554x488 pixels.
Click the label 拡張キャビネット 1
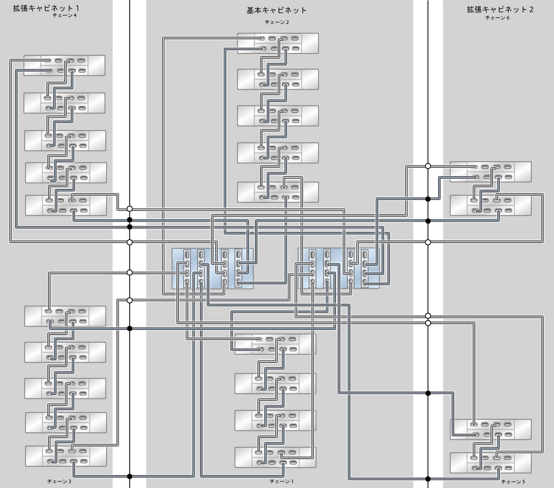[46, 8]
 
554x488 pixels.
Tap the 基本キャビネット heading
[276, 10]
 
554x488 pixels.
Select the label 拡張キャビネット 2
[500, 9]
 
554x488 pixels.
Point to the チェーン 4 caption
[64, 15]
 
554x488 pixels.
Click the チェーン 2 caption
[277, 22]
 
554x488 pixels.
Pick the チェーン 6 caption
[497, 18]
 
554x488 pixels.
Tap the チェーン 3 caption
[59, 481]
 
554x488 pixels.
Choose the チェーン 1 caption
[281, 481]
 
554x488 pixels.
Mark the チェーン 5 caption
[513, 482]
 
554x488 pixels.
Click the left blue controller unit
[212, 268]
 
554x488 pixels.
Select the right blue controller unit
[338, 268]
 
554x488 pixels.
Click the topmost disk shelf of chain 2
[278, 43]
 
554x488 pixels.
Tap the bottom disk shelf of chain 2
[278, 192]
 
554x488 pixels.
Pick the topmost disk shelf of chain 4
[64, 66]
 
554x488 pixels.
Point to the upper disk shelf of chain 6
[490, 171]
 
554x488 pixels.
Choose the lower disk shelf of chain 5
[490, 463]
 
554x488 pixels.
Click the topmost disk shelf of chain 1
[275, 344]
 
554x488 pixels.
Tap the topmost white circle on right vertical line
[428, 166]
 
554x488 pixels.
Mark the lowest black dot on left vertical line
[130, 476]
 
